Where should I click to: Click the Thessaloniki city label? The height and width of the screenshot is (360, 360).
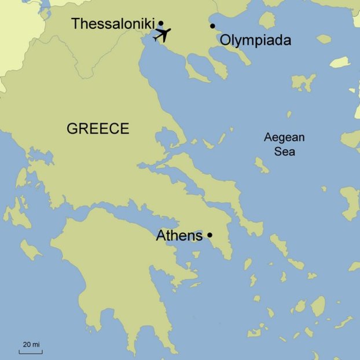[112, 24]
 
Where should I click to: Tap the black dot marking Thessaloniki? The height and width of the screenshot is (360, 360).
[161, 23]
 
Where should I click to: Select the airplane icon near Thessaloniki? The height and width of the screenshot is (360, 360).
[163, 34]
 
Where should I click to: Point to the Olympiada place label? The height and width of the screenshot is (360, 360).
[255, 41]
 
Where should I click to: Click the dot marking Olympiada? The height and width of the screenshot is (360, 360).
[212, 25]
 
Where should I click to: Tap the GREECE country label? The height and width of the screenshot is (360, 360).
[97, 128]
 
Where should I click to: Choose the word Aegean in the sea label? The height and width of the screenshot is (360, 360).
[284, 138]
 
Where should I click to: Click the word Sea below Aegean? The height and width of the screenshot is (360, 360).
[284, 152]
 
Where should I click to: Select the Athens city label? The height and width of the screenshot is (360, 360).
[179, 236]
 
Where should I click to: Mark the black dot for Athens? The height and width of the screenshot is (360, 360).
[210, 235]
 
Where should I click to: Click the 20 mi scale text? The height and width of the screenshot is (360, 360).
[31, 344]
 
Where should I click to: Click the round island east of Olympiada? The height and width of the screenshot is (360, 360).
[267, 21]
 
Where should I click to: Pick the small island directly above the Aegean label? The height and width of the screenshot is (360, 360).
[289, 115]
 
